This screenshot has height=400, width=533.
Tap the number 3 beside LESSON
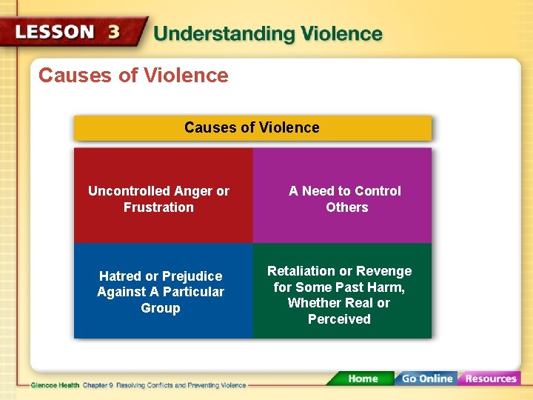tap(113, 33)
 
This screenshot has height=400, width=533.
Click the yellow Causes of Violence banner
tap(252, 127)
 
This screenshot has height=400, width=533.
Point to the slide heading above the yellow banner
tap(133, 76)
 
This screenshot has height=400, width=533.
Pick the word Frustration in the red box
tap(158, 207)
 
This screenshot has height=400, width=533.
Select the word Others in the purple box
tap(346, 207)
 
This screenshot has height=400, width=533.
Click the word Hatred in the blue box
tap(120, 276)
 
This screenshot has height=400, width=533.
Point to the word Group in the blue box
tap(160, 308)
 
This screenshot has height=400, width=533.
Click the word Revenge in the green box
tap(383, 271)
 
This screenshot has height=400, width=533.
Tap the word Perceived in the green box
tap(339, 319)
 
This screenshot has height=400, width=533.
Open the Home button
tap(362, 379)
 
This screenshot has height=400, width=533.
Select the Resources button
tap(489, 379)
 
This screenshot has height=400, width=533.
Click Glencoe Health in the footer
tap(55, 386)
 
